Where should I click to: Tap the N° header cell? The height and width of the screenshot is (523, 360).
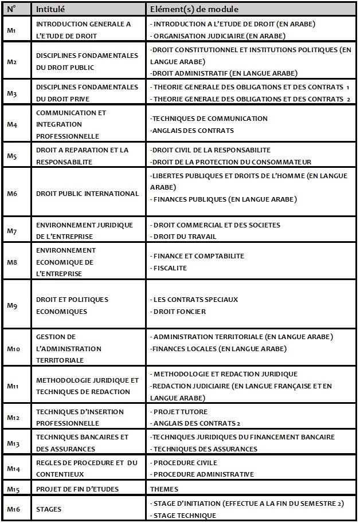(11, 9)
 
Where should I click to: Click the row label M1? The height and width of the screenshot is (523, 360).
(11, 30)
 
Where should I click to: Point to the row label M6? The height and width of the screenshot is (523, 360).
(11, 194)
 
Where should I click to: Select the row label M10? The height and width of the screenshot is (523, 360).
(13, 348)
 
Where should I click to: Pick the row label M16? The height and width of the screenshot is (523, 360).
(13, 509)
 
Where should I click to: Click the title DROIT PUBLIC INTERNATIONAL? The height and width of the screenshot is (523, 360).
(87, 194)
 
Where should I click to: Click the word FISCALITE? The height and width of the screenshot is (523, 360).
(170, 268)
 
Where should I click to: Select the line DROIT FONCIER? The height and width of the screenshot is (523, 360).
(179, 312)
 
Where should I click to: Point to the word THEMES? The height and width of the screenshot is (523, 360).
(164, 489)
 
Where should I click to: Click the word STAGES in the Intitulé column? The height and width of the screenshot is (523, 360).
(48, 509)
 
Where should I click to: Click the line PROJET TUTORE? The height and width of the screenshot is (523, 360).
(180, 411)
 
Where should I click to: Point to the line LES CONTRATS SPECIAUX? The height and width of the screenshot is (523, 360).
(195, 300)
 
